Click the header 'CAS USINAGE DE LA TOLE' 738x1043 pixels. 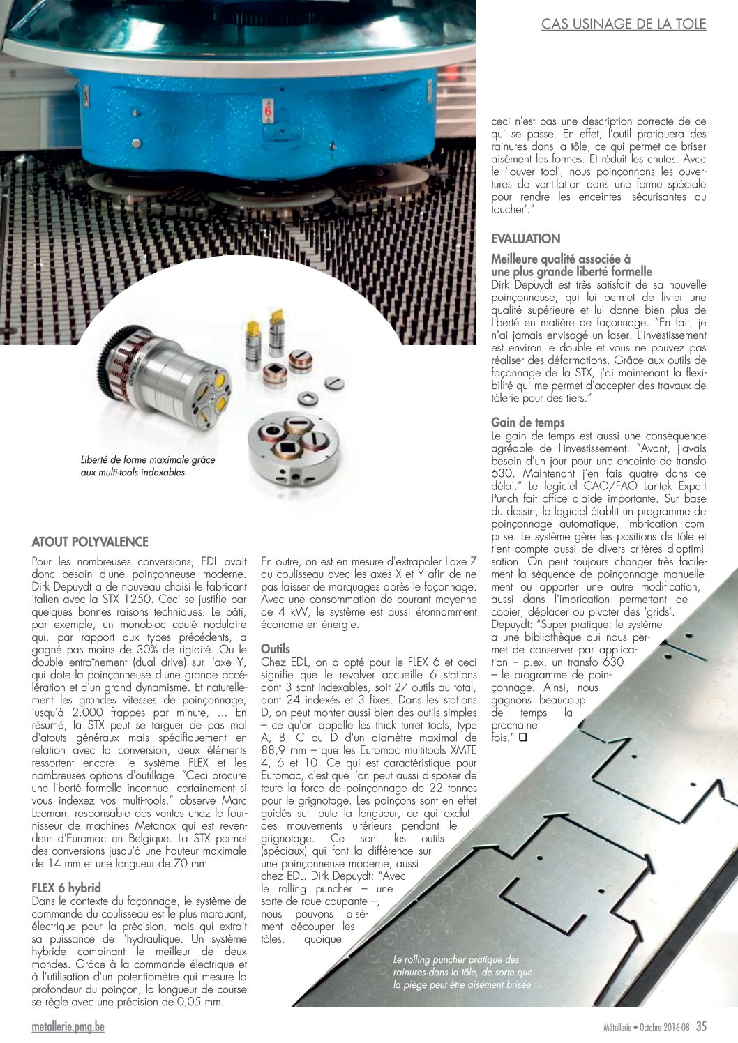click(624, 24)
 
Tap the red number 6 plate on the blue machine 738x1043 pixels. click(268, 112)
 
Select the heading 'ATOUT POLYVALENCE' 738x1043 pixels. click(90, 542)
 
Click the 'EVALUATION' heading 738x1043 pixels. click(525, 238)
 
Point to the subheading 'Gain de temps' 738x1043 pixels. click(527, 422)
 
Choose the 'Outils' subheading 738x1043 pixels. click(275, 648)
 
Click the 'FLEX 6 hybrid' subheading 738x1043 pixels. click(66, 888)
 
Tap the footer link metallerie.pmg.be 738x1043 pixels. click(68, 1027)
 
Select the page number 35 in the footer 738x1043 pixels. click(701, 1026)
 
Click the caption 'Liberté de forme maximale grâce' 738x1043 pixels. click(148, 460)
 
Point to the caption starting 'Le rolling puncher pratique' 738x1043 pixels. click(456, 959)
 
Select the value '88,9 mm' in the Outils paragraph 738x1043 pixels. click(282, 750)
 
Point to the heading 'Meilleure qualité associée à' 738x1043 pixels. click(560, 259)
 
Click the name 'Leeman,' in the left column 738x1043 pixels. click(51, 813)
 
